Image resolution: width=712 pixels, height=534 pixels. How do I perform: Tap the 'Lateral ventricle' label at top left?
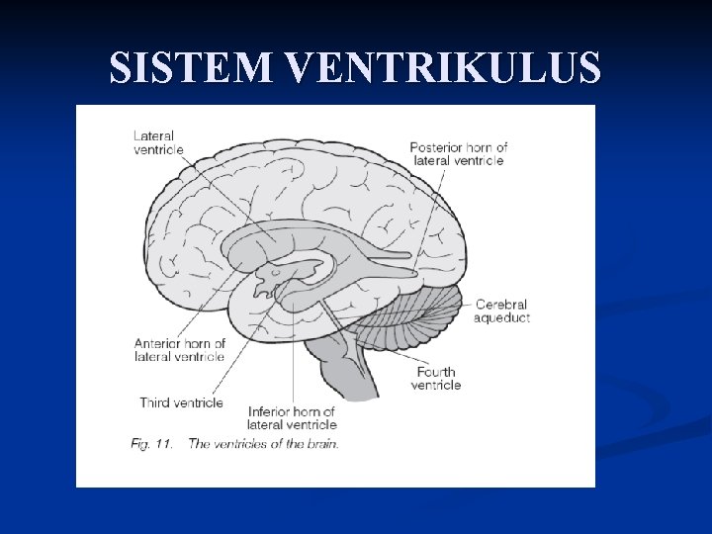point(158,142)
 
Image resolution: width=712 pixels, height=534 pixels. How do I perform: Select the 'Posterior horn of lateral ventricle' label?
point(458,153)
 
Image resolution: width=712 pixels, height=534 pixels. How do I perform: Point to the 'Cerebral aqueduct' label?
point(501,311)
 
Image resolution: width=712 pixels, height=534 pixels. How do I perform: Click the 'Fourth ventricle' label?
point(435,378)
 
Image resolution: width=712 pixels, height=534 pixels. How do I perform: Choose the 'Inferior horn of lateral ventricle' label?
point(292,417)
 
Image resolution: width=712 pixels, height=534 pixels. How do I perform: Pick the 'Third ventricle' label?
point(181,402)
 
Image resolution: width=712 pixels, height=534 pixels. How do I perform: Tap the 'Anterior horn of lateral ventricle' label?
point(180,350)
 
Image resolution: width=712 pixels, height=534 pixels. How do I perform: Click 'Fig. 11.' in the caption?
point(150,444)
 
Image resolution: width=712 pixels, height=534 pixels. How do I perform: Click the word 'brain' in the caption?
point(320,444)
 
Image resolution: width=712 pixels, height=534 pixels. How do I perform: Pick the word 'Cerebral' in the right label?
point(500,305)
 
